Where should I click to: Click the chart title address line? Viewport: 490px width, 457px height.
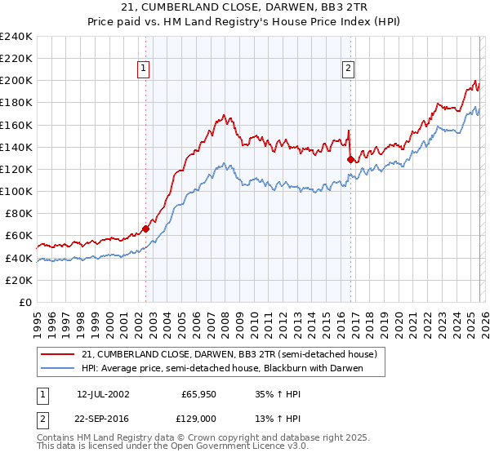pos(245,7)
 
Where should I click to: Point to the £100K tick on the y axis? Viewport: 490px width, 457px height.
pos(16,191)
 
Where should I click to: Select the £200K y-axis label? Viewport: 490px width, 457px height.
pos(16,81)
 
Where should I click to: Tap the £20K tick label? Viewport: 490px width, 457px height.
pos(19,280)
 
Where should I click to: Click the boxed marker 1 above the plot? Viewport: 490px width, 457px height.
pos(144,69)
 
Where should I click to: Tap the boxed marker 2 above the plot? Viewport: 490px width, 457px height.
pos(349,69)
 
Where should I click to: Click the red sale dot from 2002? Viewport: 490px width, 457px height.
pos(145,229)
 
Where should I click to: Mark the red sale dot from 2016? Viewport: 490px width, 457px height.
pos(350,160)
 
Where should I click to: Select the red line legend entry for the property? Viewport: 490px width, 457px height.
pos(229,355)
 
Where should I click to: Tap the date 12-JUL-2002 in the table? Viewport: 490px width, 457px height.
pos(103,393)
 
